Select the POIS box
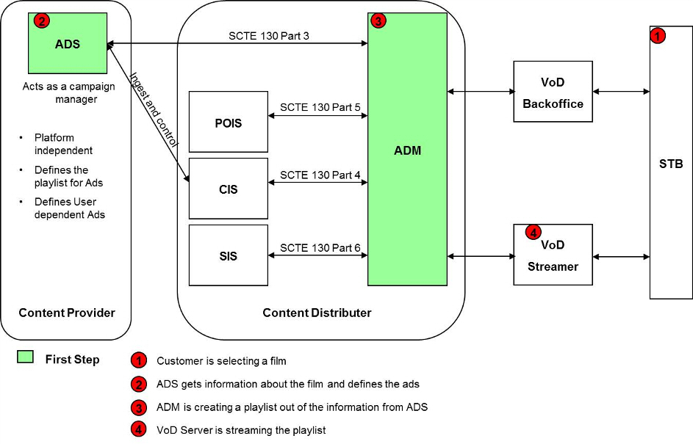click(x=229, y=122)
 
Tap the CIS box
click(x=229, y=189)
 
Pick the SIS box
click(x=229, y=255)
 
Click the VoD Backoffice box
click(x=553, y=92)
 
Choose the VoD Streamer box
click(x=553, y=255)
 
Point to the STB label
click(x=671, y=164)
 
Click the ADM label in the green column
click(x=407, y=150)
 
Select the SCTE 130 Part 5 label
click(x=320, y=108)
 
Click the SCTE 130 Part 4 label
click(x=320, y=175)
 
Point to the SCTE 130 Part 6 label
click(x=320, y=248)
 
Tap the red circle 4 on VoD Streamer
click(x=533, y=232)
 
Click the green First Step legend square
click(x=26, y=357)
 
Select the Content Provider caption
click(x=67, y=313)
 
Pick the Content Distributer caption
click(x=317, y=313)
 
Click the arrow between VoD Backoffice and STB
click(x=621, y=92)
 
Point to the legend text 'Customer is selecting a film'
click(x=221, y=361)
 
